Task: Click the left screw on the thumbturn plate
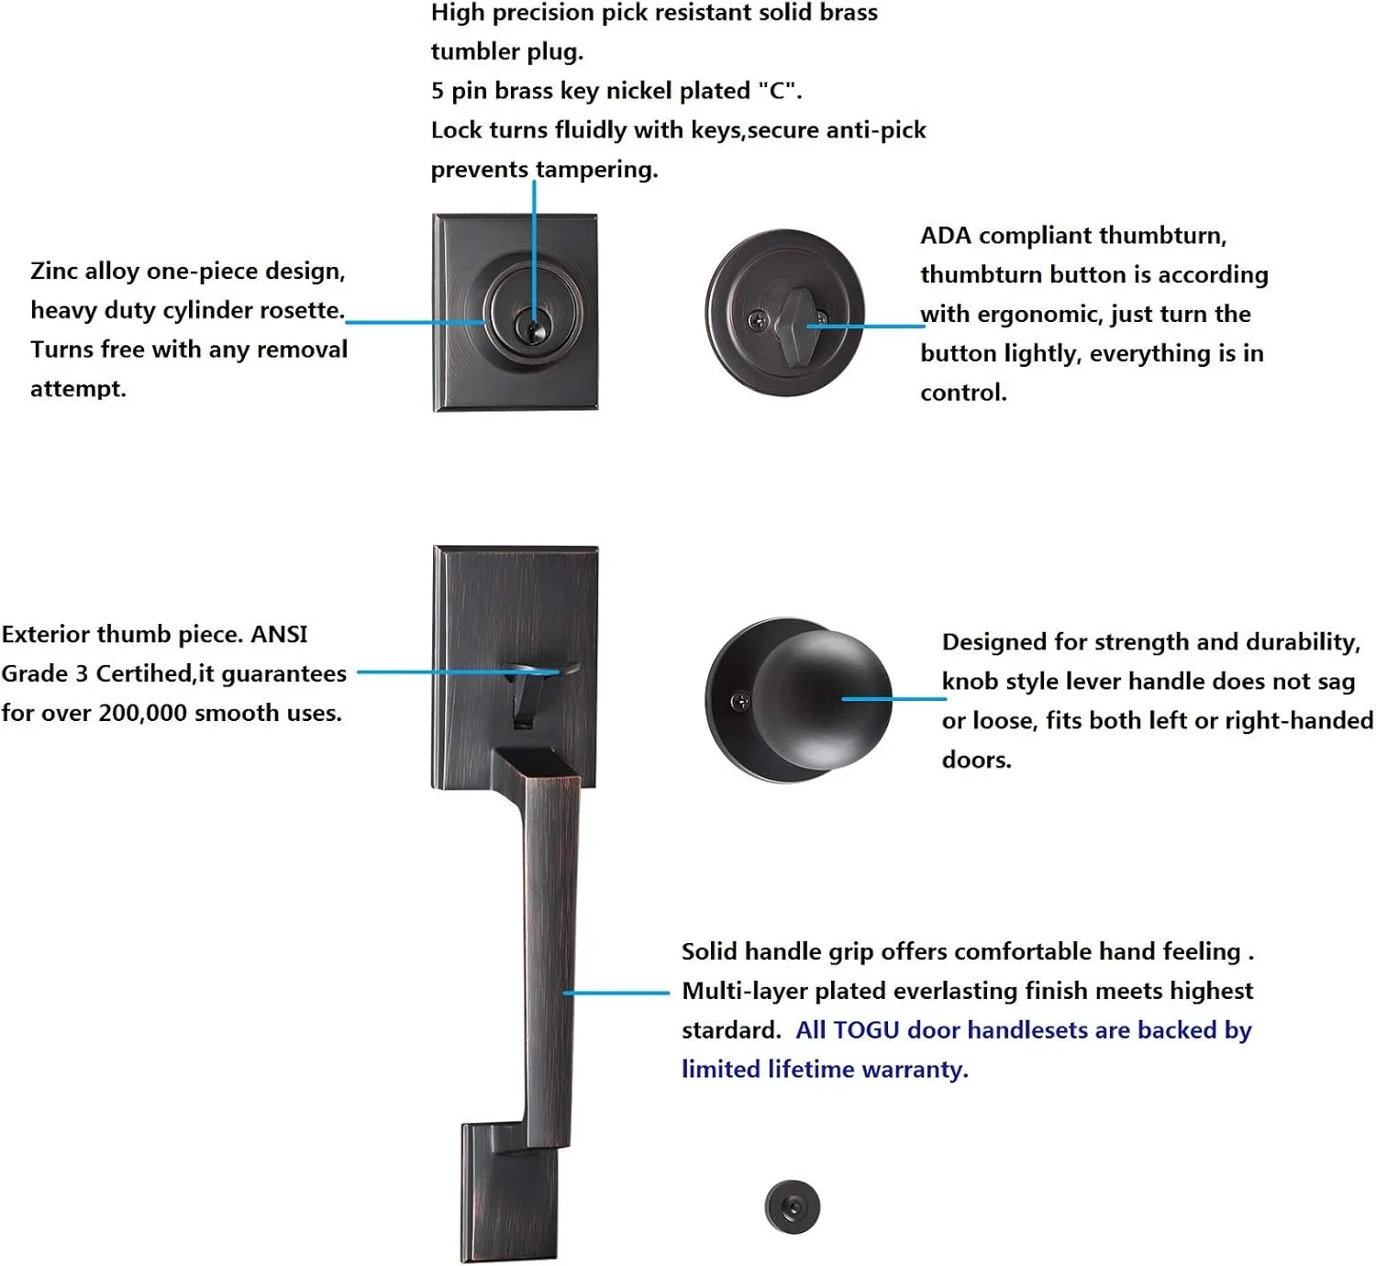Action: (758, 319)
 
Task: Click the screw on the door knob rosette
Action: (740, 701)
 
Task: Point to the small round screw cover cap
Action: (793, 1207)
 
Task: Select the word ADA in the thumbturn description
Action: (946, 236)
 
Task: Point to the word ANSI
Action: (279, 634)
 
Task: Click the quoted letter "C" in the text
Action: (777, 90)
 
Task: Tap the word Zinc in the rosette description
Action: (54, 271)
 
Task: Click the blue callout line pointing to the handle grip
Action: (616, 993)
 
